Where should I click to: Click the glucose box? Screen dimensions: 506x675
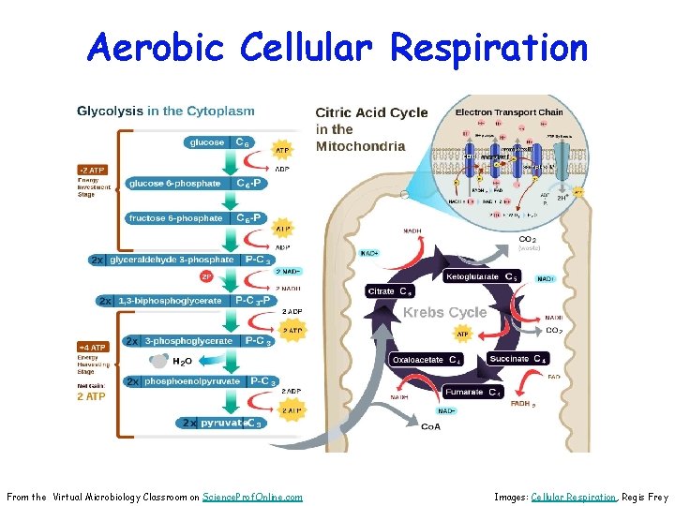tap(208, 142)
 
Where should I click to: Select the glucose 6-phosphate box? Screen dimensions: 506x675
tap(176, 184)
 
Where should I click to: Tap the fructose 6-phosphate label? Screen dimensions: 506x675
tap(176, 218)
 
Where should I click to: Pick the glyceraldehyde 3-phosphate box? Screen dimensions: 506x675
tap(172, 260)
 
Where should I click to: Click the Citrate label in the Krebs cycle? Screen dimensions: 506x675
tap(382, 291)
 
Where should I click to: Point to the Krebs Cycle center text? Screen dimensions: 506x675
tap(444, 312)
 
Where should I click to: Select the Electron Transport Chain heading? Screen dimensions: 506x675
tap(509, 112)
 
